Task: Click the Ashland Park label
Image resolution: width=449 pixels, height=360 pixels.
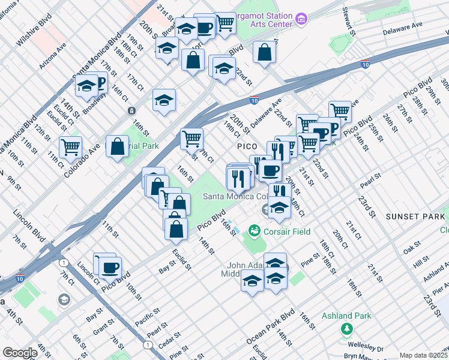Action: click(x=346, y=316)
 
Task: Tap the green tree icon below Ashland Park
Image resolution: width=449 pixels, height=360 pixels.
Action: click(x=346, y=328)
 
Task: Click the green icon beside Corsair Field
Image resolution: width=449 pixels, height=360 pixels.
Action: click(x=255, y=230)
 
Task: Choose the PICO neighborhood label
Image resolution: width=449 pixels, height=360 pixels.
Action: click(x=246, y=146)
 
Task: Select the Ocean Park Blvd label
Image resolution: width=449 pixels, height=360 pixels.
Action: click(x=271, y=326)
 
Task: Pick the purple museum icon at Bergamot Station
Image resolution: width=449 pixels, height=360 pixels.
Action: click(x=302, y=20)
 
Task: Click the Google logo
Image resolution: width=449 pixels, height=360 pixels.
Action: click(x=20, y=353)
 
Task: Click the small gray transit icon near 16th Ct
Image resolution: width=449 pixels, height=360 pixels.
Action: click(x=131, y=110)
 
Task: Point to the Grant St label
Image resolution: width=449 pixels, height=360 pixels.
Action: click(x=104, y=328)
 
